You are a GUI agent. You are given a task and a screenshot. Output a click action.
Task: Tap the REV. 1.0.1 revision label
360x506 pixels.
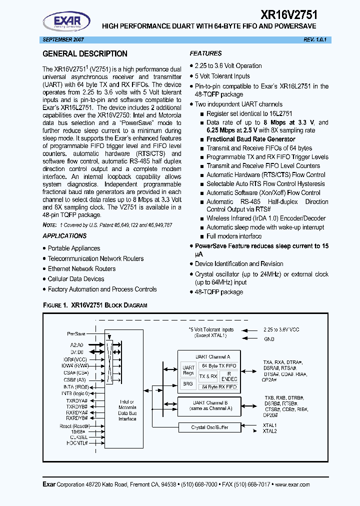coord(315,39)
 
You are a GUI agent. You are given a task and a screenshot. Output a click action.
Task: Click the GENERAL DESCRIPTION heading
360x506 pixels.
coord(85,54)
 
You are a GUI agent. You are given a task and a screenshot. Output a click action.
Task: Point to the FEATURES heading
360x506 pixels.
coord(205,53)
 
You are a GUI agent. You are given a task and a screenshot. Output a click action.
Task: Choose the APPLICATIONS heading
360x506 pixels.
coord(64,236)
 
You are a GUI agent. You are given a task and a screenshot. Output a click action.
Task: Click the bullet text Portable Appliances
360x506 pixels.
coord(74,248)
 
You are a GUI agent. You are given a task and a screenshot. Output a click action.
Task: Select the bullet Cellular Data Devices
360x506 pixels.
coord(76,279)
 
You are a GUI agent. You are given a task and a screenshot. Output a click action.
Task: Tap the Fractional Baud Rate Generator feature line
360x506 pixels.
coord(250,139)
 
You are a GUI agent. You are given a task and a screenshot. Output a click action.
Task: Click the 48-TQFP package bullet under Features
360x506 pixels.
coord(219,292)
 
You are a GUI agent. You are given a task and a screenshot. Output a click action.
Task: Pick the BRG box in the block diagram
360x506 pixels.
coord(188,383)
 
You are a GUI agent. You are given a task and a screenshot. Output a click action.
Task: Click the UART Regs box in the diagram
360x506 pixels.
coord(188,370)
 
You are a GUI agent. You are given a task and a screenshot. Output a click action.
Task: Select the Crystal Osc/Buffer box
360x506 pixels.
coord(209,427)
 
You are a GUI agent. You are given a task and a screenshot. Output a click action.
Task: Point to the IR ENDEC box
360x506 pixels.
coord(232,376)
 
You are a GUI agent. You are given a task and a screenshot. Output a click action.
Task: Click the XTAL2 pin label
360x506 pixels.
coord(270,431)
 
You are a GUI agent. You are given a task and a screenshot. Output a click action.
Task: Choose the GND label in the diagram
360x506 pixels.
coord(269,338)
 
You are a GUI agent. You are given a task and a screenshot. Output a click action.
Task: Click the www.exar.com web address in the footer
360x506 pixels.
coord(292,484)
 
